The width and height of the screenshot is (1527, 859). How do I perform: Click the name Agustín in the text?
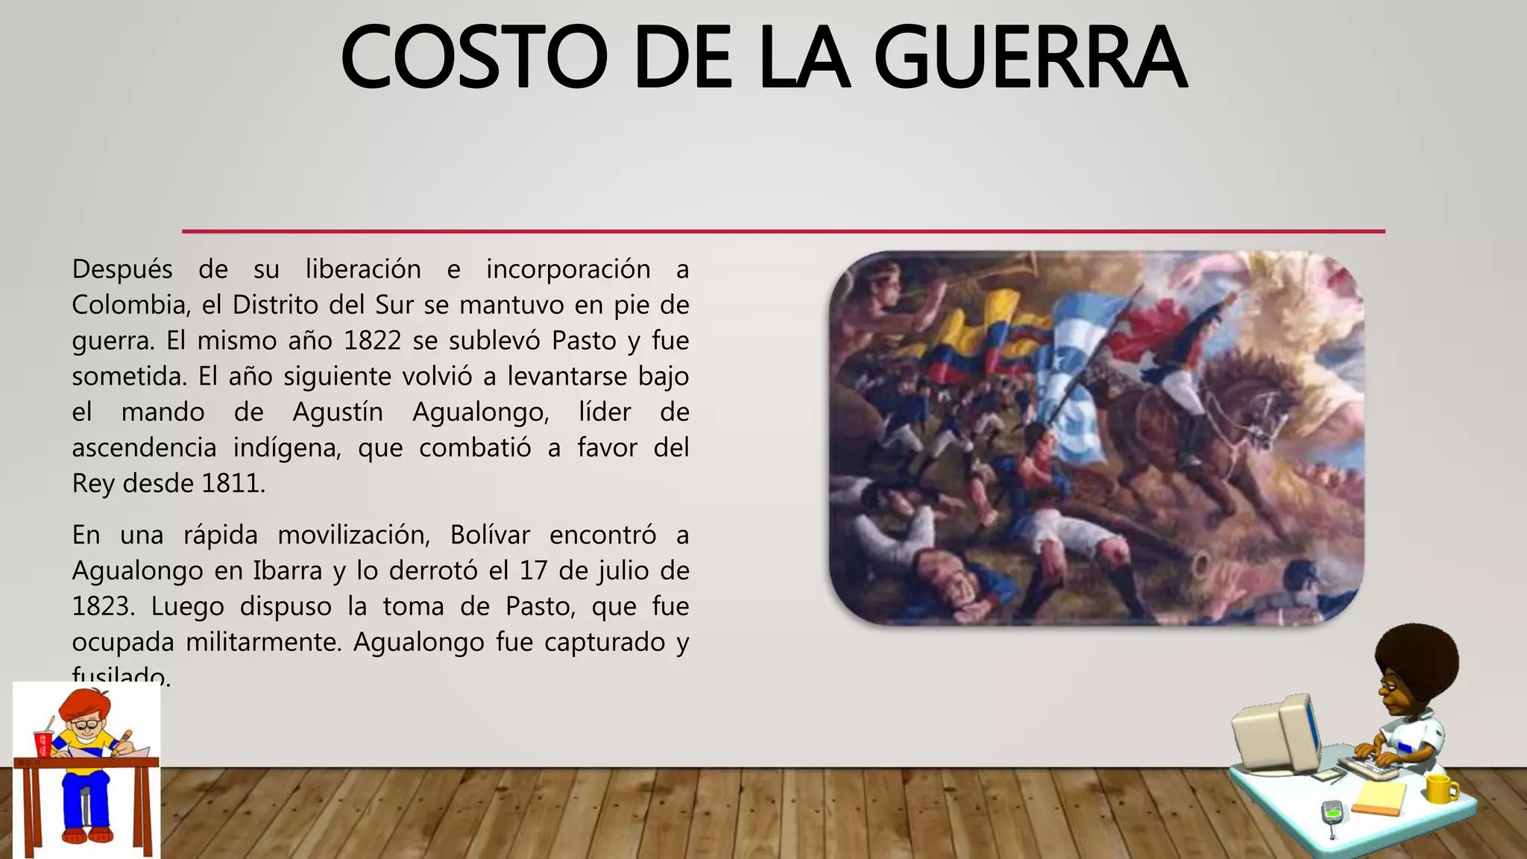point(337,412)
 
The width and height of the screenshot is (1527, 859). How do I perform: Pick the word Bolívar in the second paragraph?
point(490,535)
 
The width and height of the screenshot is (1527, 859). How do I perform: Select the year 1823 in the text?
point(104,606)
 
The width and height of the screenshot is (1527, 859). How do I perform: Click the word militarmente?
point(263,642)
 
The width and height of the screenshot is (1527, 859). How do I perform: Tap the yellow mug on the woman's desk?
point(1441,787)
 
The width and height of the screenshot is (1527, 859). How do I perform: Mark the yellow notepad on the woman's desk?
point(1378,798)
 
